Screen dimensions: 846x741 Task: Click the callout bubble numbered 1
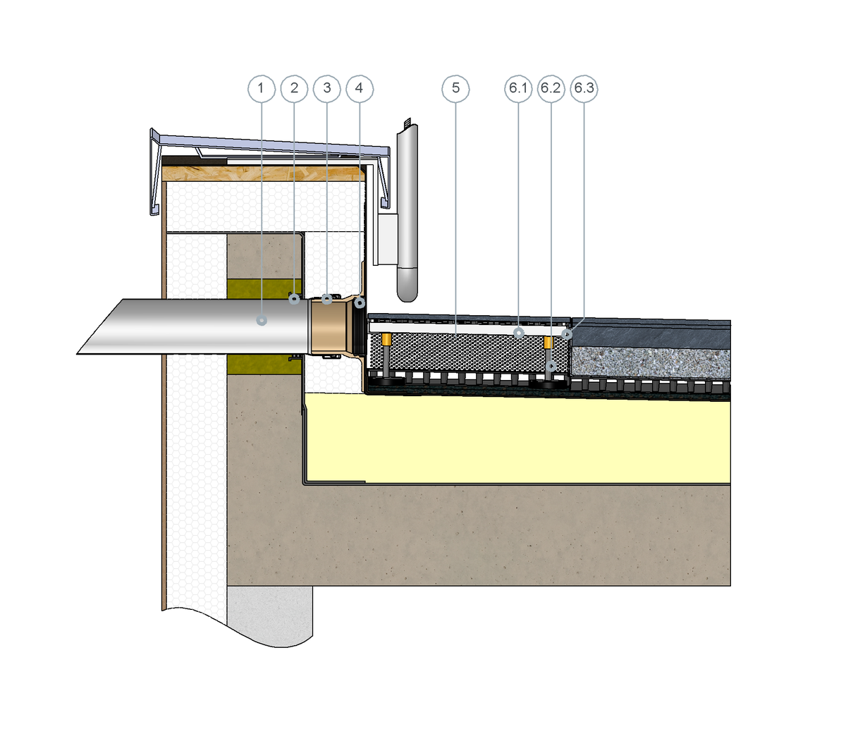pyautogui.click(x=262, y=89)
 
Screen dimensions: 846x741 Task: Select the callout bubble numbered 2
pyautogui.click(x=294, y=89)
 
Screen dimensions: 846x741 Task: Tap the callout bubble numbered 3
pyautogui.click(x=326, y=89)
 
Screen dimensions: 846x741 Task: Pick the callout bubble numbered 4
pyautogui.click(x=360, y=89)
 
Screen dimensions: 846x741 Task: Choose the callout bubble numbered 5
pyautogui.click(x=455, y=89)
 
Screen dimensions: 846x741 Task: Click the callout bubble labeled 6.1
pyautogui.click(x=518, y=89)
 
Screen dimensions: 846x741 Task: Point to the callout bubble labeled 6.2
pyautogui.click(x=551, y=89)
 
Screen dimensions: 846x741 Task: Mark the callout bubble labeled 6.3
pyautogui.click(x=584, y=89)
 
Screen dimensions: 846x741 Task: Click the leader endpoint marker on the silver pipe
pyautogui.click(x=262, y=320)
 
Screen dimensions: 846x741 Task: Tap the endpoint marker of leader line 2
pyautogui.click(x=294, y=299)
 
